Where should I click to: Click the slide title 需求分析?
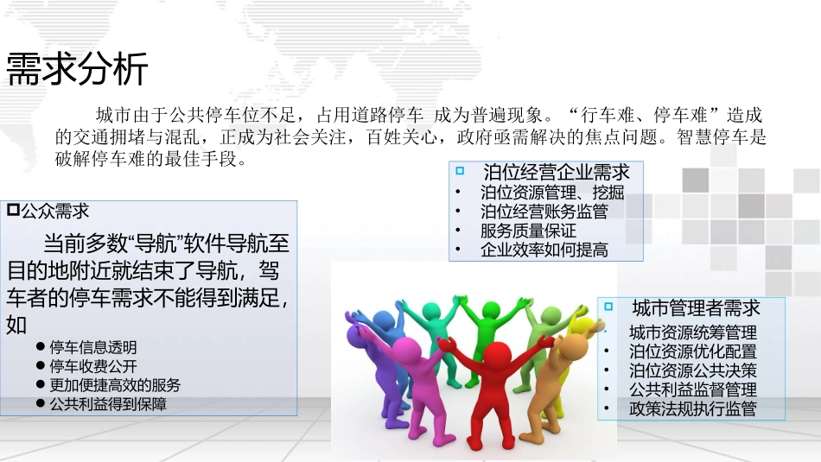pyautogui.click(x=78, y=69)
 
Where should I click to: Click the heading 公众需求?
pyautogui.click(x=54, y=211)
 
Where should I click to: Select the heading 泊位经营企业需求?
pyautogui.click(x=557, y=172)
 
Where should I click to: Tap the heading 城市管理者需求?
pyautogui.click(x=696, y=308)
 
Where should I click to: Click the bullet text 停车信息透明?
pyautogui.click(x=92, y=347)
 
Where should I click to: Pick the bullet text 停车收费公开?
pyautogui.click(x=92, y=366)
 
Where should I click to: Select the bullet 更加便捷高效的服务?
pyautogui.click(x=115, y=385)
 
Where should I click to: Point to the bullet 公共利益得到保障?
pyautogui.click(x=108, y=403)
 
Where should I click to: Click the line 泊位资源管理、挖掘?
pyautogui.click(x=551, y=193)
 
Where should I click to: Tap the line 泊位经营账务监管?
pyautogui.click(x=544, y=212)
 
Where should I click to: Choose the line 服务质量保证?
pyautogui.click(x=528, y=231)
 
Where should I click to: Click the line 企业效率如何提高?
pyautogui.click(x=544, y=250)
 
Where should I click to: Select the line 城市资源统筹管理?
pyautogui.click(x=692, y=332)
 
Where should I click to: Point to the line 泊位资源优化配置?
pyautogui.click(x=692, y=351)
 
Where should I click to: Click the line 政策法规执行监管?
pyautogui.click(x=692, y=409)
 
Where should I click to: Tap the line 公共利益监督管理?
pyautogui.click(x=692, y=390)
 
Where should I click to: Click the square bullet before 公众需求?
pyautogui.click(x=12, y=210)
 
